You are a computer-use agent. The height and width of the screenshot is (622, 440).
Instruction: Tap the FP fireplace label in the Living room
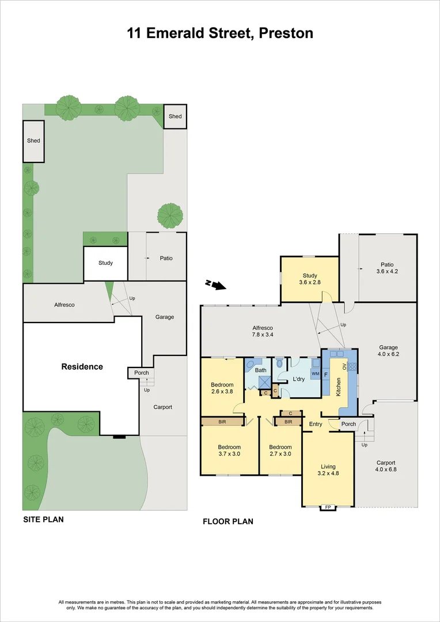[x=328, y=507]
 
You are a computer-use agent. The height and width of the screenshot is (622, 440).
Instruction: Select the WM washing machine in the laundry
[x=316, y=374]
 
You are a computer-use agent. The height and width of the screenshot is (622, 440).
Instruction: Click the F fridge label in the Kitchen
[x=325, y=374]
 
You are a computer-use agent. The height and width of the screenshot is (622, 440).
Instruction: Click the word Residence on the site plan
[x=82, y=366]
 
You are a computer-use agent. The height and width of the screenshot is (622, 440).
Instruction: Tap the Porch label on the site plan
[x=142, y=373]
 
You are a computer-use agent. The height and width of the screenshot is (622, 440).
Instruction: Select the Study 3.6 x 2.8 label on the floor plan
[x=309, y=279]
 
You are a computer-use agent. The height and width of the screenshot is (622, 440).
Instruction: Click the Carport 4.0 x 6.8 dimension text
[x=386, y=466]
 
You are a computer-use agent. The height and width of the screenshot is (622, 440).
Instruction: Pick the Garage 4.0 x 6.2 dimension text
[x=388, y=351]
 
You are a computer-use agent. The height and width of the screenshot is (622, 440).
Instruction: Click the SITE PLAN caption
[x=43, y=519]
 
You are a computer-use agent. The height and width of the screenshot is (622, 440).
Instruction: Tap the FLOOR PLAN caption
[x=227, y=522]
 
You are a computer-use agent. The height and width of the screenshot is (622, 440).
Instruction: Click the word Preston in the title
[x=286, y=33]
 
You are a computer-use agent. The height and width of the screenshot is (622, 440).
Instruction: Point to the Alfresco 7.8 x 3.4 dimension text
[x=263, y=331]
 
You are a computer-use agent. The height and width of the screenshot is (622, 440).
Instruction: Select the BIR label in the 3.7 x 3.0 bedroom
[x=222, y=422]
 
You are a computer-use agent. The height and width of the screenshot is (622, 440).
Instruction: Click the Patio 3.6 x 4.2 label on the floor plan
[x=387, y=268]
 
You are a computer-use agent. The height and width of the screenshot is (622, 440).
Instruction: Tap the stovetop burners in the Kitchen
[x=351, y=367]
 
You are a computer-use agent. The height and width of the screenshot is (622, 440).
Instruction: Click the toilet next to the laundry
[x=279, y=363]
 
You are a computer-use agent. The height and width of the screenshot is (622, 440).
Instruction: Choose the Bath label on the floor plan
[x=260, y=370]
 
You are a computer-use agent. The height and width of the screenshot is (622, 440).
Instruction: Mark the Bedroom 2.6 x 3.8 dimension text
[x=222, y=388]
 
